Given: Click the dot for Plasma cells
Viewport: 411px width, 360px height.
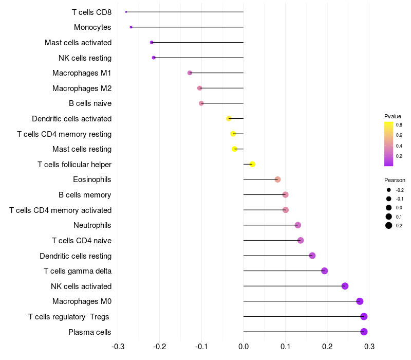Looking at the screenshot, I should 364,332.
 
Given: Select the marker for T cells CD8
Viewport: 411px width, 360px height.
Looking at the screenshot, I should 126,12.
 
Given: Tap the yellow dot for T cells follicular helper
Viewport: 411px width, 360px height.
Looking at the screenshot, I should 252,164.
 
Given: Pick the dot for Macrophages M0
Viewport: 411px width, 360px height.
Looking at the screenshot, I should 360,301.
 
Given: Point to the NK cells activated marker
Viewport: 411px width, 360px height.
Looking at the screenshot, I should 345,286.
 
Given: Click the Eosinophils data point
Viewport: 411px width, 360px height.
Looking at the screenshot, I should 277,179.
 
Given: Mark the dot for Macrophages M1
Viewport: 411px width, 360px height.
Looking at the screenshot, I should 190,73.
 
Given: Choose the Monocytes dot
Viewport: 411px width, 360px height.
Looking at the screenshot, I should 131,27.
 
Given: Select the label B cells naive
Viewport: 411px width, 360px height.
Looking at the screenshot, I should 90,103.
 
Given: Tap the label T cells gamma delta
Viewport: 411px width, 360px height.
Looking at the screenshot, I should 78,271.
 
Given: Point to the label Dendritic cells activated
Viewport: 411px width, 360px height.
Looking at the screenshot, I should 71,119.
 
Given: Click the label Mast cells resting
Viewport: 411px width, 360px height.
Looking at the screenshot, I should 82,149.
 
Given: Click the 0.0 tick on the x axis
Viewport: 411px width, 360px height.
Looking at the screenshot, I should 244,346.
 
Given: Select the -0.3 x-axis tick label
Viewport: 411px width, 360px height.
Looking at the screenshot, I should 118,346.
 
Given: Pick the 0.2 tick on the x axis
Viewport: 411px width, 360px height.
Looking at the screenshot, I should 327,346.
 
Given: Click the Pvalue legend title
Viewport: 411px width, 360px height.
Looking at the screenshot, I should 393,116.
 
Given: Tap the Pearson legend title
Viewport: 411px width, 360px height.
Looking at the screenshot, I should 395,180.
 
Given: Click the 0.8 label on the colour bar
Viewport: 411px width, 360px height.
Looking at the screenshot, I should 399,124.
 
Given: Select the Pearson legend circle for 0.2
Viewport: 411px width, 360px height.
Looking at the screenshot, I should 389,225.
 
